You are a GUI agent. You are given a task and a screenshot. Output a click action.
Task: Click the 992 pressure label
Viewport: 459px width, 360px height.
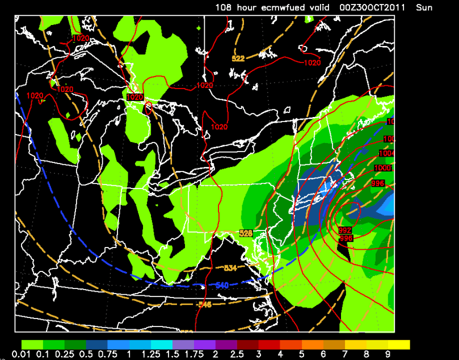(344, 230)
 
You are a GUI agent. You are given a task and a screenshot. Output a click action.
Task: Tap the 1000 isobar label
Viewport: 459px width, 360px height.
(383, 168)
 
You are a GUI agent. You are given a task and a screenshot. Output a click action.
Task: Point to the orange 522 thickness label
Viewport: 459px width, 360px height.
(238, 58)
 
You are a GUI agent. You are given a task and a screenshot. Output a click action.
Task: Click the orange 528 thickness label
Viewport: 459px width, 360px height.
(246, 233)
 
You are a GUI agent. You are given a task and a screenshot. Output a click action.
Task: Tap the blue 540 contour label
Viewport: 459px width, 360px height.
(222, 284)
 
